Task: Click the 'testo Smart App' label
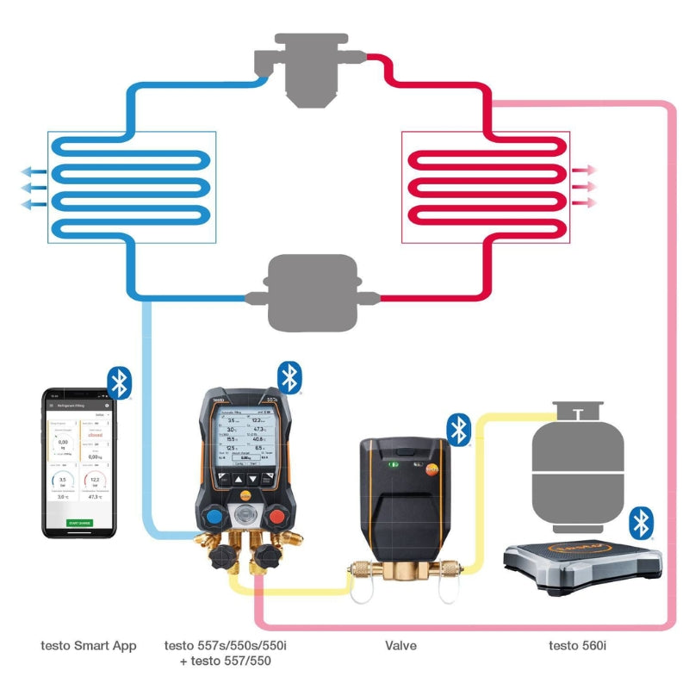pos(89,645)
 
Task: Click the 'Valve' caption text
pos(400,645)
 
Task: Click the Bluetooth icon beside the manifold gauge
pos(290,376)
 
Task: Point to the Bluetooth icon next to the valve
pos(460,429)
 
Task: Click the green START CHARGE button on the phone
pos(79,523)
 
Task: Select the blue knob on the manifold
pos(213,518)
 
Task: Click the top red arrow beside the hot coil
pos(587,171)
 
